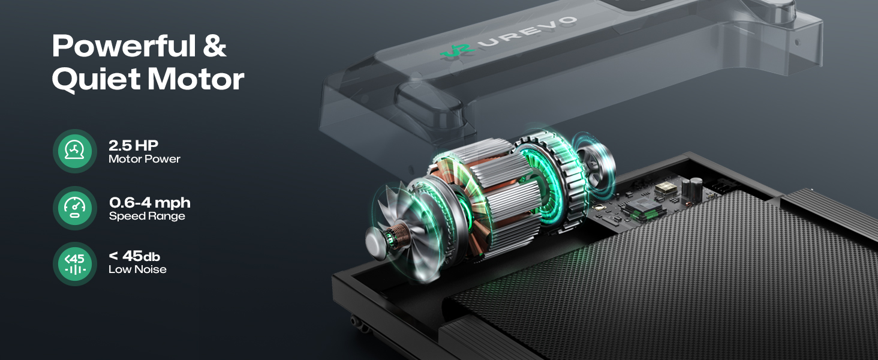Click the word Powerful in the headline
pos(124,46)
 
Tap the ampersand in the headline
pos(215,46)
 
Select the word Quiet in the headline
pos(96,79)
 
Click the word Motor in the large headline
pos(196,79)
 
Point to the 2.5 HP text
pos(133,145)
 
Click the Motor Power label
pos(145,159)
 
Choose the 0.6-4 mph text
pos(150,203)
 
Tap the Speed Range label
pos(146,216)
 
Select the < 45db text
pos(134,256)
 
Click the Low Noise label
pos(137,269)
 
